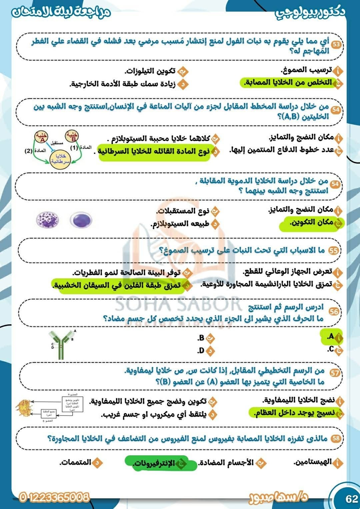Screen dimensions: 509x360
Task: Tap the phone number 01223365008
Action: coord(54,497)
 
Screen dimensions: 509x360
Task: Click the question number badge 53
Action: coord(336,44)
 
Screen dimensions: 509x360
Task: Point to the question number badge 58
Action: coord(336,438)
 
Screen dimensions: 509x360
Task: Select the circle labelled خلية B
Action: coord(72,136)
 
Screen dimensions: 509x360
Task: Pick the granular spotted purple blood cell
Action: coord(47,220)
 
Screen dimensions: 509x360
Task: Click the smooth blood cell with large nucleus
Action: coord(81,220)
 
